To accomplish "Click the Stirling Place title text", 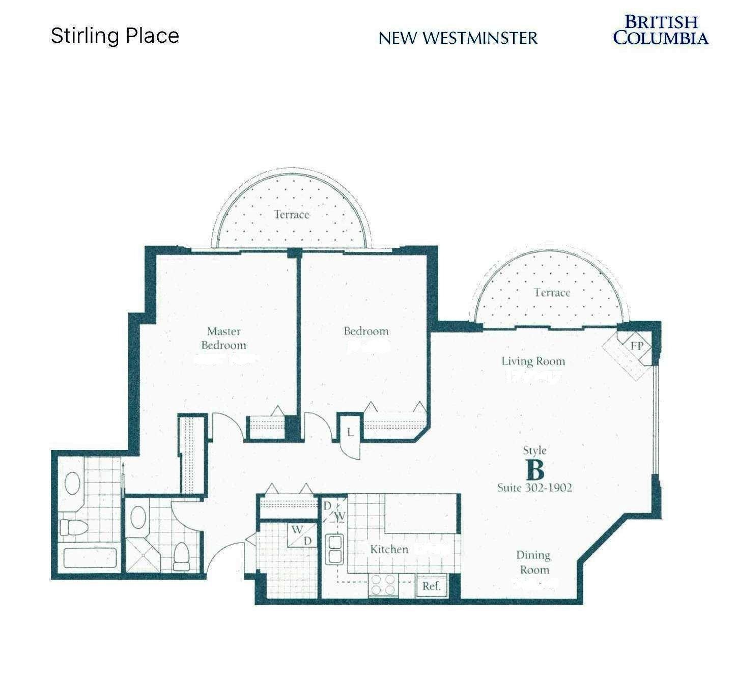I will (115, 36).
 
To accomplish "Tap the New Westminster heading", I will (458, 38).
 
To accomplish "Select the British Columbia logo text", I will (661, 30).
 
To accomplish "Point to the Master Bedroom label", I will (223, 338).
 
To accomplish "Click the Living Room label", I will (533, 361).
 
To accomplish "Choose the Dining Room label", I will (533, 562).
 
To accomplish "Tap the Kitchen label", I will (389, 549).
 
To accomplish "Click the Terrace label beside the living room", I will (552, 293).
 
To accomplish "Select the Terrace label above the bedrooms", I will (292, 214).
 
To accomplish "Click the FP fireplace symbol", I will (637, 346).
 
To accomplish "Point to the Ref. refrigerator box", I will (431, 586).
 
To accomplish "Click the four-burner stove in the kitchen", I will (383, 584).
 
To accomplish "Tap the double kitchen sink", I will (334, 549).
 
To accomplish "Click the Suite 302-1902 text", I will (534, 488).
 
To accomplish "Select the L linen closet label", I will (350, 433).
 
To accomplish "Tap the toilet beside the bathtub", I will (68, 526).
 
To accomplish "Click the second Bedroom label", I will (366, 331).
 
